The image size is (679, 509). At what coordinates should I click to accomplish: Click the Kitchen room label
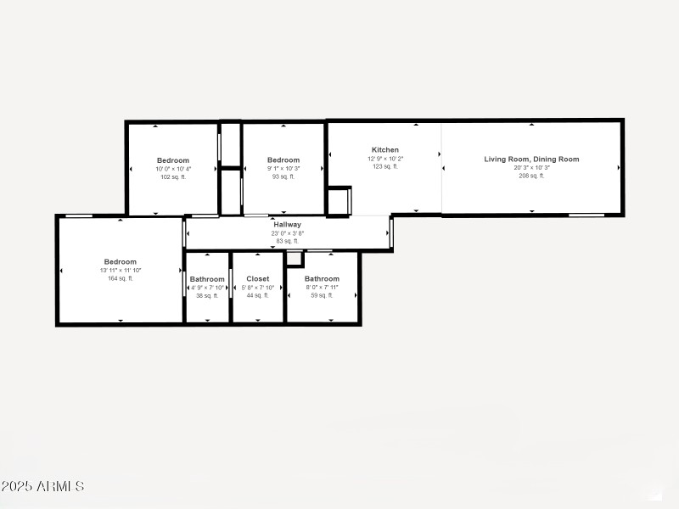point(385,150)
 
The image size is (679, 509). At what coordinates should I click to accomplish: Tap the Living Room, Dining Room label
point(531,159)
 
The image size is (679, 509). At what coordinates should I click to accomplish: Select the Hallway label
point(287,225)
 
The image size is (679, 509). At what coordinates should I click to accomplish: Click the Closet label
point(258,279)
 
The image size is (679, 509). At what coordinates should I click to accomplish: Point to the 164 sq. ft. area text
point(121,278)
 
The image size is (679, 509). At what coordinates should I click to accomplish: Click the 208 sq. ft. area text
point(531,176)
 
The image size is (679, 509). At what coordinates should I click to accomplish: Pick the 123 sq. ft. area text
point(385,166)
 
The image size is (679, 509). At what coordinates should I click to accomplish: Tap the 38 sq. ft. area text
point(207,295)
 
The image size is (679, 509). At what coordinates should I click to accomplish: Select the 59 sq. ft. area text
point(322,295)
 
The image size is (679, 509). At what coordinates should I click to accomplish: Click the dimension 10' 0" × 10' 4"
point(173,169)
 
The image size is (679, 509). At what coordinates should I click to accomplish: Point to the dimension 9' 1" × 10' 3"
point(283,169)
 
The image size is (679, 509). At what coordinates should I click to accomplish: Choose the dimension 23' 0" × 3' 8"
point(287,233)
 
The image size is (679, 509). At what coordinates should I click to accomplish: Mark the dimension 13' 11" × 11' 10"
point(121,271)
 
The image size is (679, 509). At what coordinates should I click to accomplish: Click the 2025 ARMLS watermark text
point(42,487)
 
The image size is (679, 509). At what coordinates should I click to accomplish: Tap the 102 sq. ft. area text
point(173,176)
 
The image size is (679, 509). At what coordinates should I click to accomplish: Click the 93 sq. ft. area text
point(283,176)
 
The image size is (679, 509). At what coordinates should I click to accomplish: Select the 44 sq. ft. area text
point(258,295)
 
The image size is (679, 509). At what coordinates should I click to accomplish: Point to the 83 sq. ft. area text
point(287,241)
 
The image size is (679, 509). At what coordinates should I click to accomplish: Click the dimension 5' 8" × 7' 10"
point(258,288)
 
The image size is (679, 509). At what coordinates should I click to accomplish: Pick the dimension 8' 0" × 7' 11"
point(322,288)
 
